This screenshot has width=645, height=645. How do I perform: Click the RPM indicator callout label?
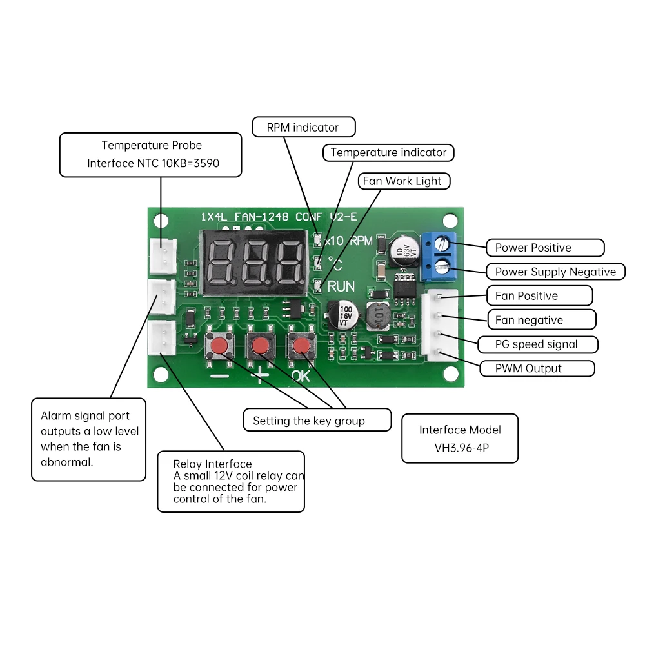303,127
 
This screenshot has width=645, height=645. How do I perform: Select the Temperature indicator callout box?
388,153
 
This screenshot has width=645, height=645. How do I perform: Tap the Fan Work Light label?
403,181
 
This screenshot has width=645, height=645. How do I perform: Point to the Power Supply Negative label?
555,272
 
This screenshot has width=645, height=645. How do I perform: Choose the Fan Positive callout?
539,296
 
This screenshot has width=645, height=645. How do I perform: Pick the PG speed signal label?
537,344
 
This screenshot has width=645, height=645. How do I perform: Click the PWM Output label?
536,368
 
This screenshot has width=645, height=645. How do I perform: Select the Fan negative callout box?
541,320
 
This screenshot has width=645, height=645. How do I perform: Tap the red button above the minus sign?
220,348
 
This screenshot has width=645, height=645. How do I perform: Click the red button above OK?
300,348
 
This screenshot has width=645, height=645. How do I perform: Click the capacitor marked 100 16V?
342,314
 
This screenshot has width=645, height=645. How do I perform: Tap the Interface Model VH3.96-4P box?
459,438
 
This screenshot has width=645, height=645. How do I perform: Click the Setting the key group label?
317,421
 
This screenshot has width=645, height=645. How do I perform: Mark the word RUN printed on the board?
341,286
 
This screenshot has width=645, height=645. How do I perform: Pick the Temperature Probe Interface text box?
151,155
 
